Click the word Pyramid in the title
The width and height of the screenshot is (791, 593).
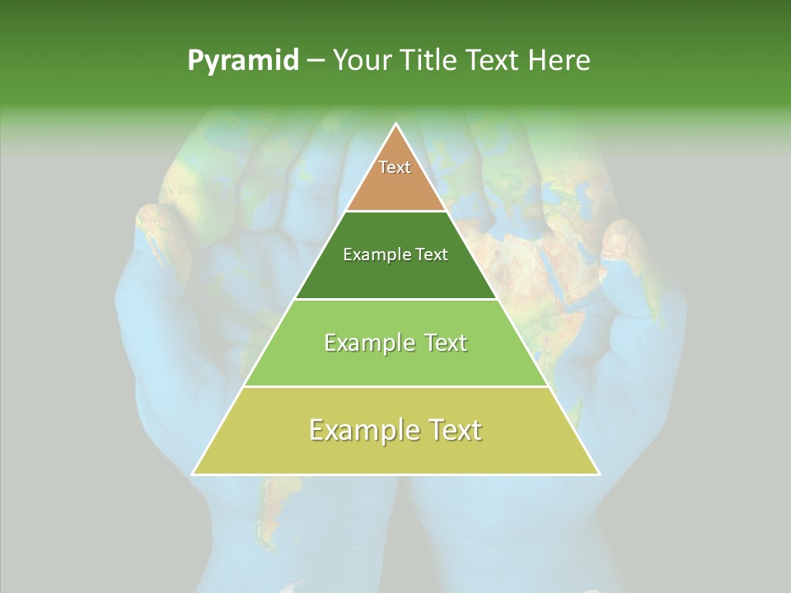[243, 61]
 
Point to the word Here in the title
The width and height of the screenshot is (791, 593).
[559, 61]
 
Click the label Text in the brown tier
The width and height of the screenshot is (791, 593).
[395, 167]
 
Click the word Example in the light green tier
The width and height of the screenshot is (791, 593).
[368, 343]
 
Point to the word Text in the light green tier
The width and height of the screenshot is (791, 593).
[443, 343]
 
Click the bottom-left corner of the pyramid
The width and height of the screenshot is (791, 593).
[193, 474]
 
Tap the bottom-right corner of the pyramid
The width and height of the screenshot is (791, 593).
[599, 474]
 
